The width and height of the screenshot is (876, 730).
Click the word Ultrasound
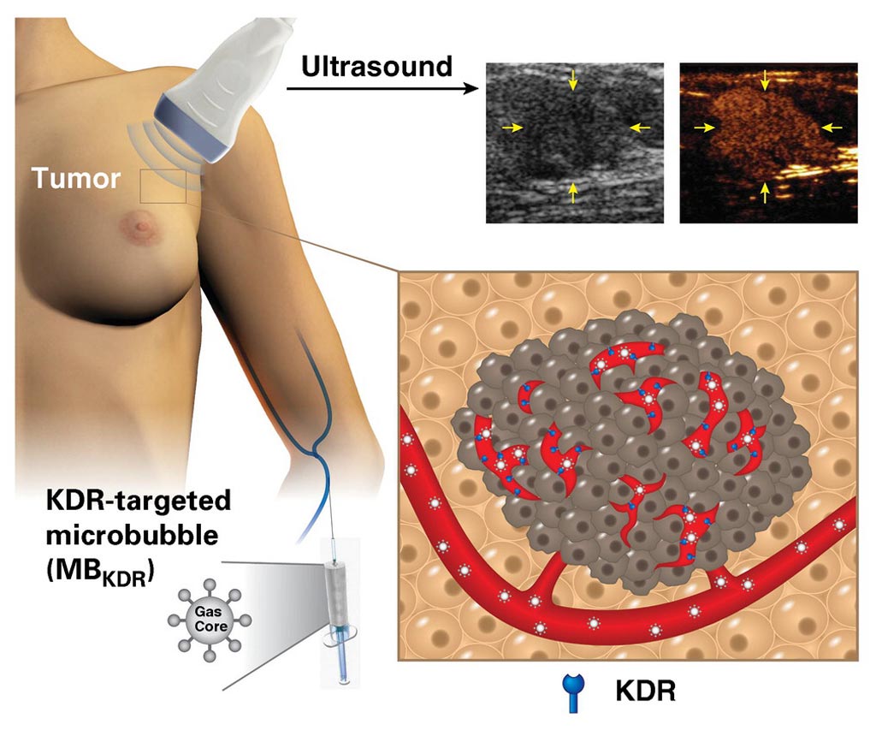(376, 67)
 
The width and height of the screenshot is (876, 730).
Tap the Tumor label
(76, 178)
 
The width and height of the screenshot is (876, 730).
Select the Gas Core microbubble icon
(210, 620)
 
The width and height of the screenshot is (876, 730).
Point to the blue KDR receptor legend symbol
(573, 692)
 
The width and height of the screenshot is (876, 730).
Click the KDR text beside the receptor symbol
(645, 691)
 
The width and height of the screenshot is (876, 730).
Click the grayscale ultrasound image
(574, 143)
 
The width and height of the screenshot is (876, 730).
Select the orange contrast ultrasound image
(768, 143)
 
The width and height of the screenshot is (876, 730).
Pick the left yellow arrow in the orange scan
(705, 128)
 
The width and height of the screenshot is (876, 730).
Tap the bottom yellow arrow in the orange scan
(766, 193)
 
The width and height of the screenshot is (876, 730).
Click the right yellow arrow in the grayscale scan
(640, 128)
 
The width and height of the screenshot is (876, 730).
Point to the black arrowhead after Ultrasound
(472, 88)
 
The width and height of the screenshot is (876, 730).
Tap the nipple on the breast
(142, 226)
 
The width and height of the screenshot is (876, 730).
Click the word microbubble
(132, 536)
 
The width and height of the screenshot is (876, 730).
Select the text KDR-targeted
(138, 501)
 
